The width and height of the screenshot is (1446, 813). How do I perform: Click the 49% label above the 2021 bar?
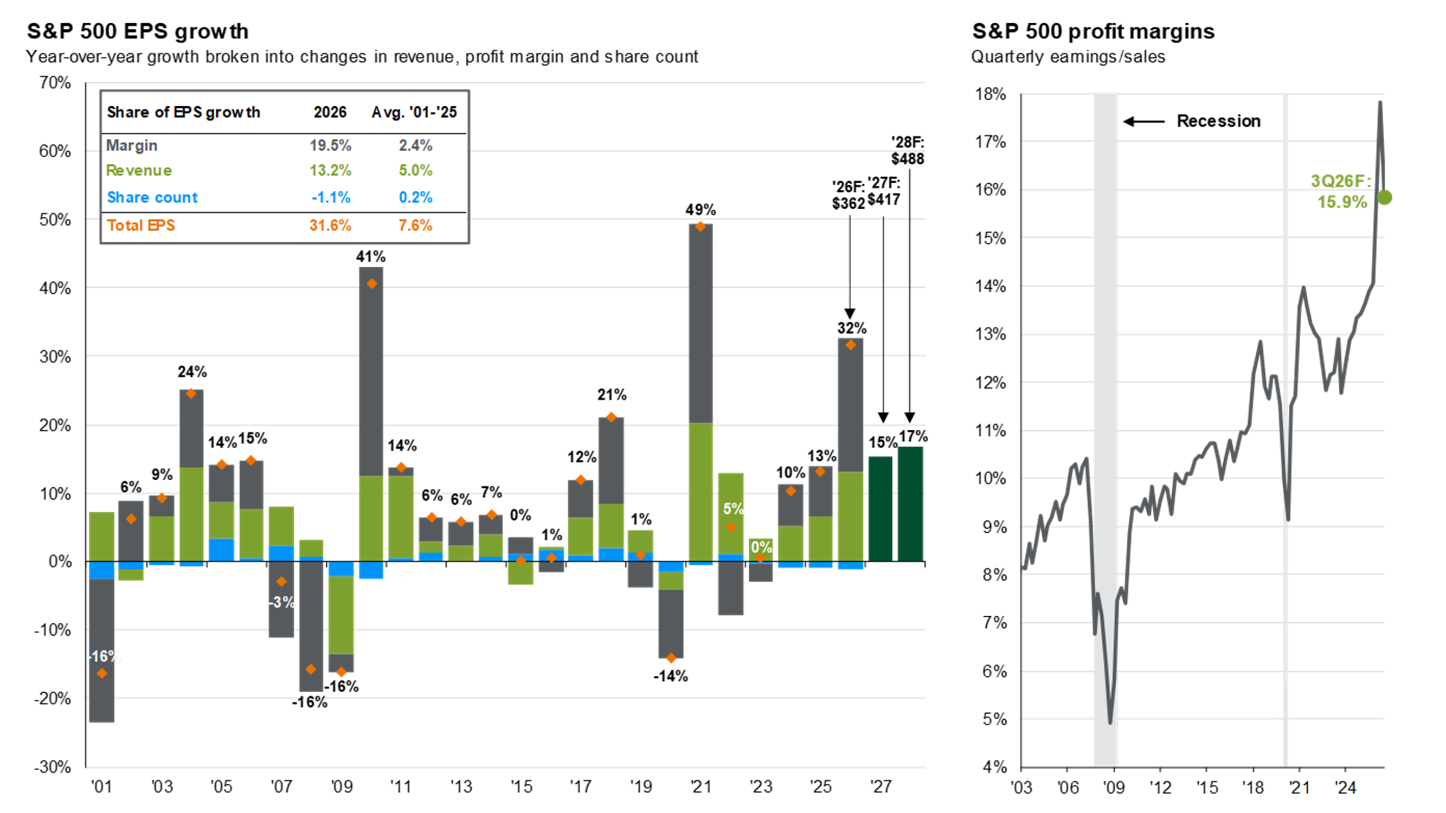pos(700,210)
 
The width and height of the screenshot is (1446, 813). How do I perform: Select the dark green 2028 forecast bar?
pos(910,504)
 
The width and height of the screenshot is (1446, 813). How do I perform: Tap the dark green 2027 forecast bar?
pos(880,509)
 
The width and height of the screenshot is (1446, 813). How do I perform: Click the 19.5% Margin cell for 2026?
pos(330,145)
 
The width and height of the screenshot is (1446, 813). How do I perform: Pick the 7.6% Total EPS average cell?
pos(415,225)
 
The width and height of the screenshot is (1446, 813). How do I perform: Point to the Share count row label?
pos(152,197)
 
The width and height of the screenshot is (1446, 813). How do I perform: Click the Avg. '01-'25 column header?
pos(414,112)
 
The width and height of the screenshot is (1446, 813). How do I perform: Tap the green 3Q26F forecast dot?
pos(1384,197)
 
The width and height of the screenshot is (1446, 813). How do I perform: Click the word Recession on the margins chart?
pos(1219,121)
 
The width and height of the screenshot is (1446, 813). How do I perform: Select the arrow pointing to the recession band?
pos(1144,121)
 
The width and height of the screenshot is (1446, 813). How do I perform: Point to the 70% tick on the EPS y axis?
pos(54,83)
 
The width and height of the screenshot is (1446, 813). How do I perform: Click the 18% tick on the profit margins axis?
pos(990,94)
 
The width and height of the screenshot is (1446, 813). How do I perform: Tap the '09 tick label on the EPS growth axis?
pos(341,786)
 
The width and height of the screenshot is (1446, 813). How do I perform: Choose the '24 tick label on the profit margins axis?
pos(1346,787)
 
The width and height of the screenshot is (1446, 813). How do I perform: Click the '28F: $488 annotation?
pos(907,150)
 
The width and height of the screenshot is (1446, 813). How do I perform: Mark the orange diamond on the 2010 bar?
pos(371,284)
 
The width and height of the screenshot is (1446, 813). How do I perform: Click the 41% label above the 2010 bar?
pos(370,257)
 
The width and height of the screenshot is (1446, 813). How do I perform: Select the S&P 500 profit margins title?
pos(1093,31)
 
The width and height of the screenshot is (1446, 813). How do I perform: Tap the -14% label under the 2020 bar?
pos(670,676)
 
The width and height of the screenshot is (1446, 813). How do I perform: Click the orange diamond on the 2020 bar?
pos(671,658)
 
